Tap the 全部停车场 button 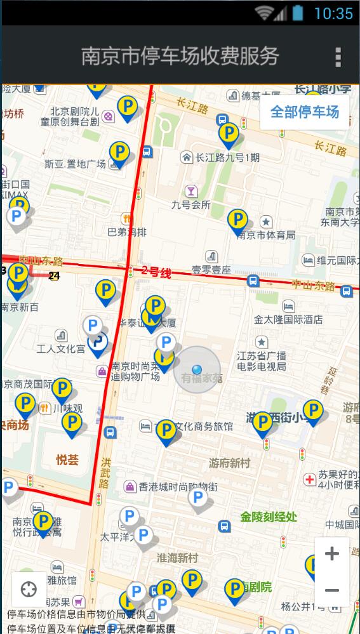pos(305,112)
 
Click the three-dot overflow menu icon pos(338,56)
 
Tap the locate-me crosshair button pos(29,590)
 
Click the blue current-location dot pos(197,369)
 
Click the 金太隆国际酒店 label pos(288,319)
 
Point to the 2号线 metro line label pos(156,272)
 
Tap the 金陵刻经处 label pos(269,517)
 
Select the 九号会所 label pos(190,204)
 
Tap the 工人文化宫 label pos(61,348)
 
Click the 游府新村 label pos(229,463)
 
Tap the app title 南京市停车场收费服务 pos(180,56)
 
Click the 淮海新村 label pos(177,558)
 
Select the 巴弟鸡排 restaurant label pos(127,232)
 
